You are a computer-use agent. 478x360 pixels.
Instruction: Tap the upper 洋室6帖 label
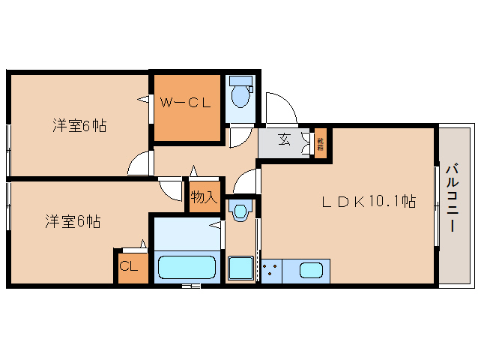click(x=79, y=125)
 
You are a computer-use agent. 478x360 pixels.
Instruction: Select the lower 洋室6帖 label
click(x=72, y=221)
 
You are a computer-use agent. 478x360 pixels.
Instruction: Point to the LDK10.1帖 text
click(x=369, y=201)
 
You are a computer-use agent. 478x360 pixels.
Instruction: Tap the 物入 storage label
click(x=204, y=197)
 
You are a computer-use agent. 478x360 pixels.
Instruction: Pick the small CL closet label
click(x=129, y=265)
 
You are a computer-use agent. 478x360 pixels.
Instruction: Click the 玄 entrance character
click(x=285, y=139)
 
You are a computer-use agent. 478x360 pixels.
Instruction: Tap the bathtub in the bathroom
click(x=187, y=268)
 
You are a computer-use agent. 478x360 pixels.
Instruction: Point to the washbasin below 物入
click(x=240, y=211)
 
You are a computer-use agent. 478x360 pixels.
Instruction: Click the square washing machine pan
click(x=240, y=268)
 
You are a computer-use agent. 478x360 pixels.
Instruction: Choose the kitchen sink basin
click(x=311, y=270)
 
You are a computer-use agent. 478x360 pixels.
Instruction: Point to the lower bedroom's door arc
click(x=169, y=190)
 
